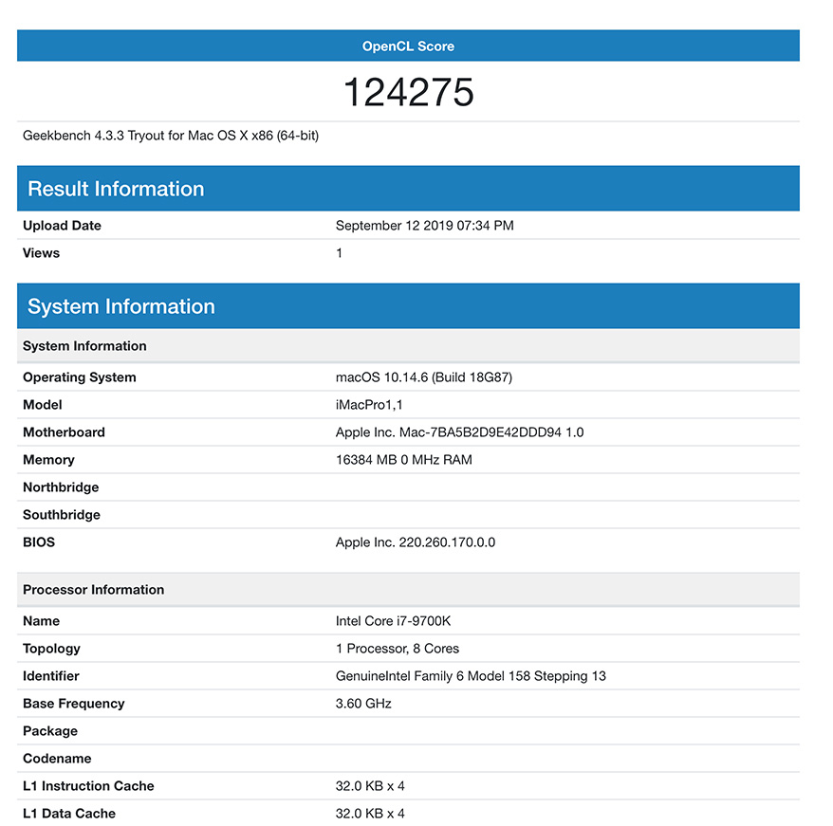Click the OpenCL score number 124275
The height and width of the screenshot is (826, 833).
click(x=408, y=92)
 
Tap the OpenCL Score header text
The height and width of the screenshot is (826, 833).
click(x=408, y=46)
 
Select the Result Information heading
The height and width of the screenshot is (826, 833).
click(x=116, y=189)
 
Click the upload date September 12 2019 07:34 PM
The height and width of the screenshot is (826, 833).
click(x=425, y=226)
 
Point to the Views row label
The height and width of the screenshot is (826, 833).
click(x=41, y=253)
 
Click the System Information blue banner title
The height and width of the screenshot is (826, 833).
click(x=121, y=306)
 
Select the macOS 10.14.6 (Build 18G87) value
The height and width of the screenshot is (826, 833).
click(x=423, y=377)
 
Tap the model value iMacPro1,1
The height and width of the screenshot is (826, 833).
click(x=369, y=405)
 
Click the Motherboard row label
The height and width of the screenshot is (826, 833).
click(x=64, y=432)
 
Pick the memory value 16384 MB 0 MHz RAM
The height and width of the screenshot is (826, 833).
click(x=403, y=460)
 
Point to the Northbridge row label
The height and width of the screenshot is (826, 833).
click(x=61, y=487)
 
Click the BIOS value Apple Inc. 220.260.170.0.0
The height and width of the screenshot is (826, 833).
click(x=415, y=542)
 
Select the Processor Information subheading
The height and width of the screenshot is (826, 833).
click(x=93, y=590)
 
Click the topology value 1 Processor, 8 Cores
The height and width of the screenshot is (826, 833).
click(x=397, y=649)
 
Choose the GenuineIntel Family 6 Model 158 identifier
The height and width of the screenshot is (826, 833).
click(x=471, y=676)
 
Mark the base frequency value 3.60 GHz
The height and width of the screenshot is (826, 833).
click(x=363, y=704)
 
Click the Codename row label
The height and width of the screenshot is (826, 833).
click(x=57, y=759)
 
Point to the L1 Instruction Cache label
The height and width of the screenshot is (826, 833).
click(x=88, y=786)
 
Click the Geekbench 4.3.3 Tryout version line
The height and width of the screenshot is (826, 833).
click(x=171, y=136)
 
